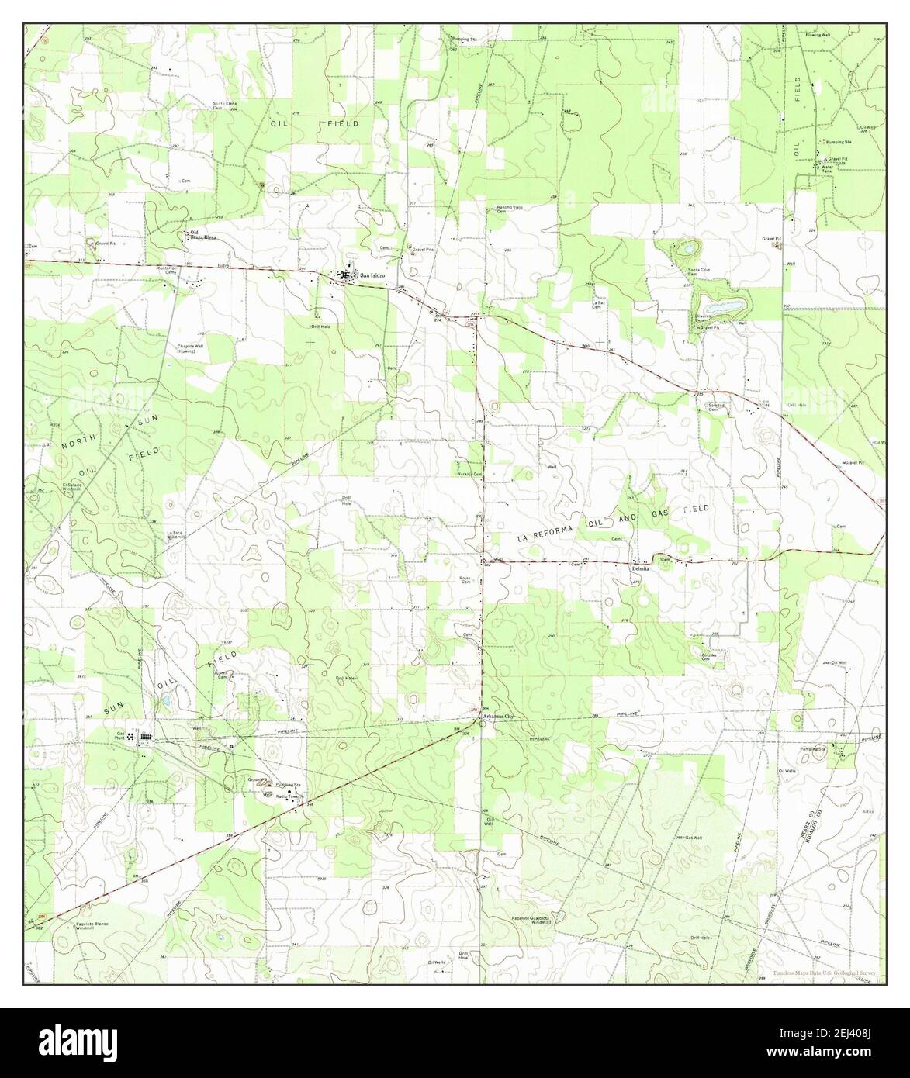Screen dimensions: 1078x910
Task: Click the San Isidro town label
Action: coord(370,274)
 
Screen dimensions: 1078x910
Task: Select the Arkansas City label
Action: coord(498,716)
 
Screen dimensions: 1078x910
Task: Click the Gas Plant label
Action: coord(120,735)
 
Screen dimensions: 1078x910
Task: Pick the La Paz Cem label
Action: coord(597,305)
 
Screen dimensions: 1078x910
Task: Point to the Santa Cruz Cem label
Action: coord(696,271)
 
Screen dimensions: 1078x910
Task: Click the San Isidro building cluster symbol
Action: coord(343,275)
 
